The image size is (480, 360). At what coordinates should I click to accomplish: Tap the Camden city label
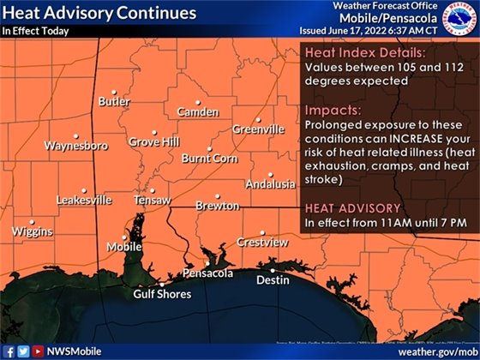197,112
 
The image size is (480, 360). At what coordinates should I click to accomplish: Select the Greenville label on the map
258,129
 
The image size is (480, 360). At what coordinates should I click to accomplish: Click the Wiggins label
32,232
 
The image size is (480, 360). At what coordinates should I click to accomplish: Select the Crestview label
262,243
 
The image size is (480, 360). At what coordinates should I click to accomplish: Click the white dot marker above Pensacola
206,263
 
